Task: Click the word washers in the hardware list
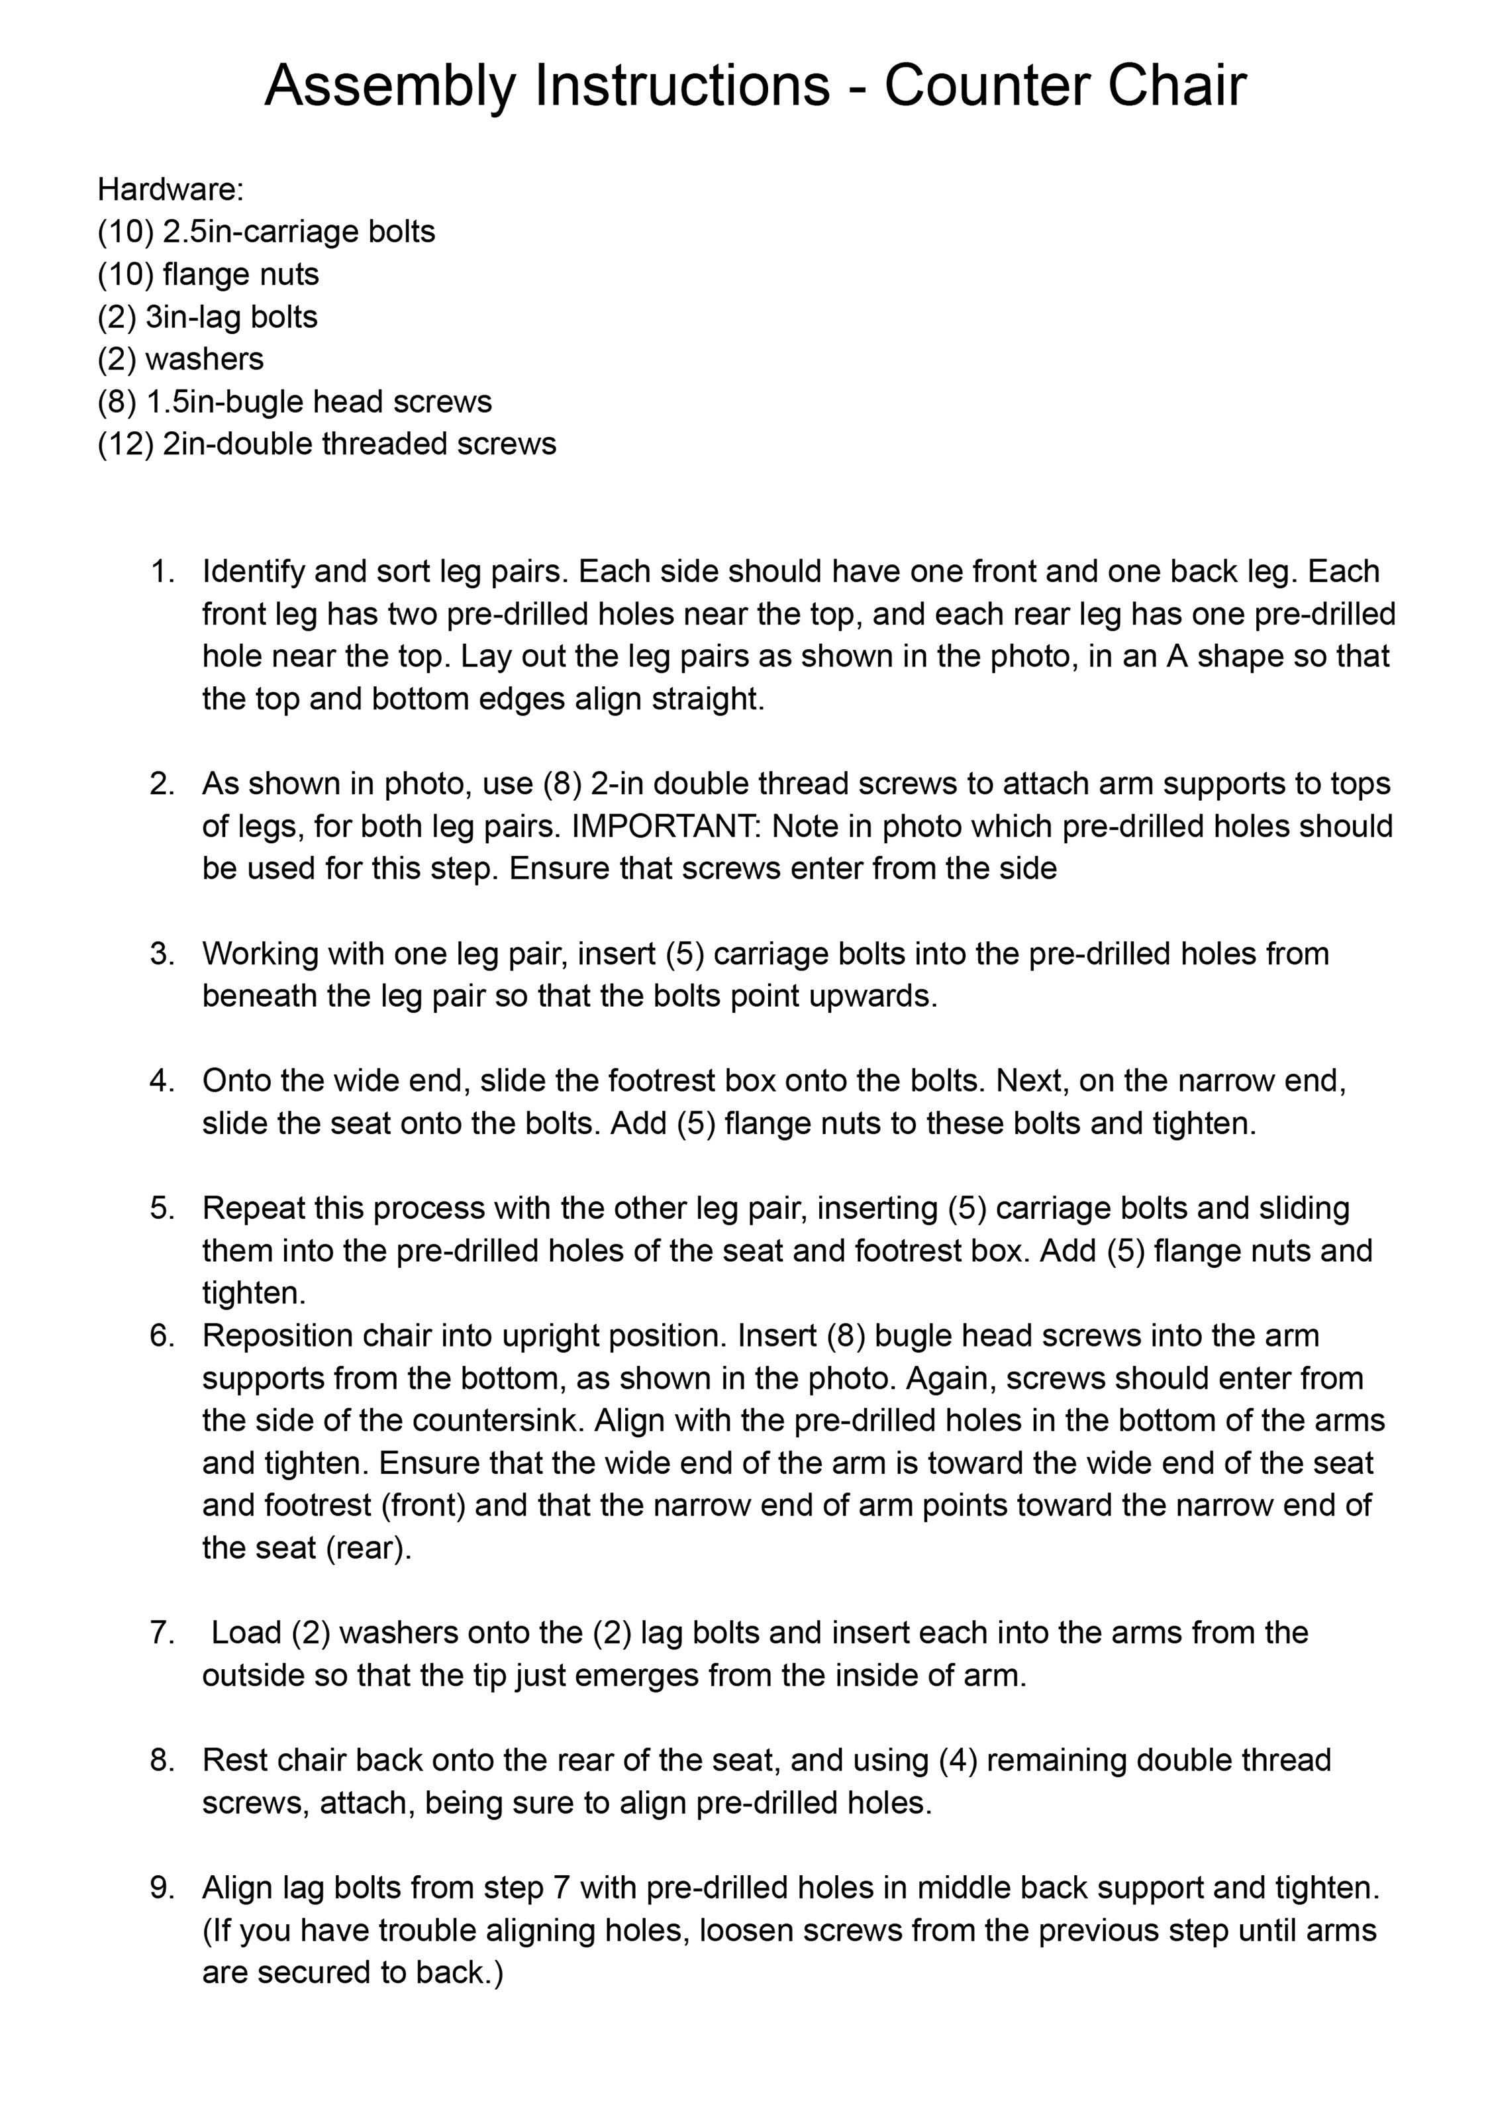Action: point(204,359)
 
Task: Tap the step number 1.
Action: point(162,572)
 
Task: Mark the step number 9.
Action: point(162,1888)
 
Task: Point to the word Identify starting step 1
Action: point(253,572)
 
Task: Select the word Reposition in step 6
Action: point(271,1336)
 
